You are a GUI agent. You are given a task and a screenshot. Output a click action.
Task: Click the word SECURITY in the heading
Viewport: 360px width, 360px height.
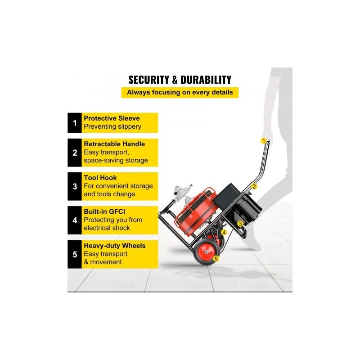tap(149, 80)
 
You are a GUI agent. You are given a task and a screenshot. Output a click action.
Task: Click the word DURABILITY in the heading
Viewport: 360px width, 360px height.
tap(206, 80)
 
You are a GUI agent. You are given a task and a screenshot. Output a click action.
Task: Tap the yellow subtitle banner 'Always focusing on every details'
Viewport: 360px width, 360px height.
tap(180, 93)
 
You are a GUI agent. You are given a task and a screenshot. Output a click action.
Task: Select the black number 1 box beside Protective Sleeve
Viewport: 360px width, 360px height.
tap(75, 123)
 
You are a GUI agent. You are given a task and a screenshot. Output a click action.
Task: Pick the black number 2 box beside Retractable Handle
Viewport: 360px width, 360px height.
tap(75, 153)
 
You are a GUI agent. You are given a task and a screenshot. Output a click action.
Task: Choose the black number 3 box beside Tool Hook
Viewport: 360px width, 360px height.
tap(75, 186)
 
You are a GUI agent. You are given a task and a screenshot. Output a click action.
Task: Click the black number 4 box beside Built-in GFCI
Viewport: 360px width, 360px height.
tap(75, 220)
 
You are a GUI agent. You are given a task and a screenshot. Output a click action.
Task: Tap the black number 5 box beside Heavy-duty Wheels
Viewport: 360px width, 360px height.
tap(75, 254)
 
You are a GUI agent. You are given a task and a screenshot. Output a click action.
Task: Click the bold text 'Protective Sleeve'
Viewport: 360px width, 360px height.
tap(112, 118)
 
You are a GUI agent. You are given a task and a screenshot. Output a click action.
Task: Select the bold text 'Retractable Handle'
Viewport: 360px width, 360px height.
tap(114, 144)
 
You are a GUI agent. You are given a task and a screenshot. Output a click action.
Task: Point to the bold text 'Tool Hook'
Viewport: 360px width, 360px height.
tap(100, 178)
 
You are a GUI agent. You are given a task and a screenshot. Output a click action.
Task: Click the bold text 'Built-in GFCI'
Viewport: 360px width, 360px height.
tap(104, 211)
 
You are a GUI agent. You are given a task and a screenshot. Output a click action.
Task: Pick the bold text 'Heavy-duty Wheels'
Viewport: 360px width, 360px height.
tap(115, 246)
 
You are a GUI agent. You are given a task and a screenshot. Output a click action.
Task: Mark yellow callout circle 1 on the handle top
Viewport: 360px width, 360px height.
tap(264, 141)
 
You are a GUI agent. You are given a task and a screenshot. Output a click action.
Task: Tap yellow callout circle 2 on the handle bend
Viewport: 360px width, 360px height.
tap(254, 186)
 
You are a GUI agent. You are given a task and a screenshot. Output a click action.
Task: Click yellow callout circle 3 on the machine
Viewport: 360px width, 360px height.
tap(240, 224)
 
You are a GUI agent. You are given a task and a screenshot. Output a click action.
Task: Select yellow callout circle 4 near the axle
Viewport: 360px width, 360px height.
tap(224, 233)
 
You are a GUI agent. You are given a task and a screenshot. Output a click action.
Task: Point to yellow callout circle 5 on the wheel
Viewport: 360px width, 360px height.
tap(216, 259)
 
